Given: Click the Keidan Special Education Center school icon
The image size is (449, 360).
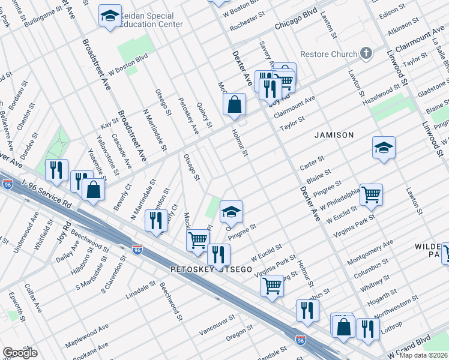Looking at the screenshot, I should pyautogui.click(x=110, y=17).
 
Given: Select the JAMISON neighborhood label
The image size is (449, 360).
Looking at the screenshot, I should pyautogui.click(x=334, y=135).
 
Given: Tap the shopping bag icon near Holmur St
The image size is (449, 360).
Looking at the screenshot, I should pyautogui.click(x=235, y=104).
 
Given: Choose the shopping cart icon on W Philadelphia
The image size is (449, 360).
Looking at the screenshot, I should pyautogui.click(x=371, y=194).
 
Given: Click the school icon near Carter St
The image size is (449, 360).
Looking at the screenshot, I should pyautogui.click(x=384, y=148).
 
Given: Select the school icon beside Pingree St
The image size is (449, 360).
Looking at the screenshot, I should pyautogui.click(x=231, y=211).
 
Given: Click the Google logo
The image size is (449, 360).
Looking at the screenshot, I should pyautogui.click(x=20, y=353).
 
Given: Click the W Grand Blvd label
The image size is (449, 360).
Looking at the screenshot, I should pyautogui.click(x=410, y=346).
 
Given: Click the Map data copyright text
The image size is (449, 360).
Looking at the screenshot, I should pyautogui.click(x=423, y=355).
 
